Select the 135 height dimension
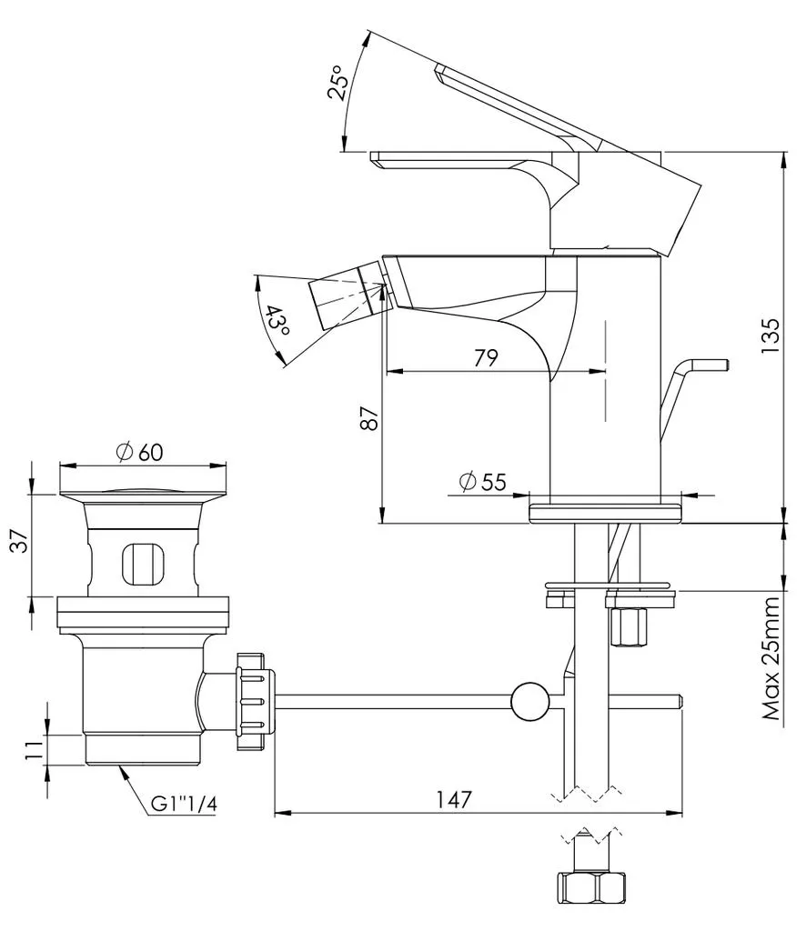click(770, 336)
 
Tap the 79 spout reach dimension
click(486, 357)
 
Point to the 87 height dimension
click(368, 418)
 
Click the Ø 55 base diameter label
click(483, 482)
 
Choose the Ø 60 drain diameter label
click(139, 453)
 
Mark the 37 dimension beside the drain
click(20, 542)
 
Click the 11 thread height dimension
click(34, 749)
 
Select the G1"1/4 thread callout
click(184, 804)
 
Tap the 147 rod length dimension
click(454, 798)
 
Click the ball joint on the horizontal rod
click(529, 701)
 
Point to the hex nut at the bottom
click(591, 888)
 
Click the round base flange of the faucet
click(606, 513)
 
